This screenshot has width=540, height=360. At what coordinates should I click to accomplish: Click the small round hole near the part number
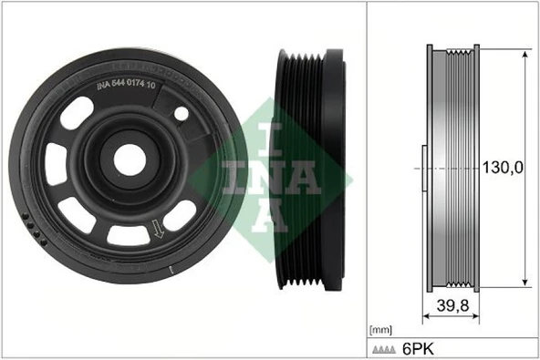[x=182, y=114]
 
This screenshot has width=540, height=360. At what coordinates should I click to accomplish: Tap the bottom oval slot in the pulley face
[x=128, y=235]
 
